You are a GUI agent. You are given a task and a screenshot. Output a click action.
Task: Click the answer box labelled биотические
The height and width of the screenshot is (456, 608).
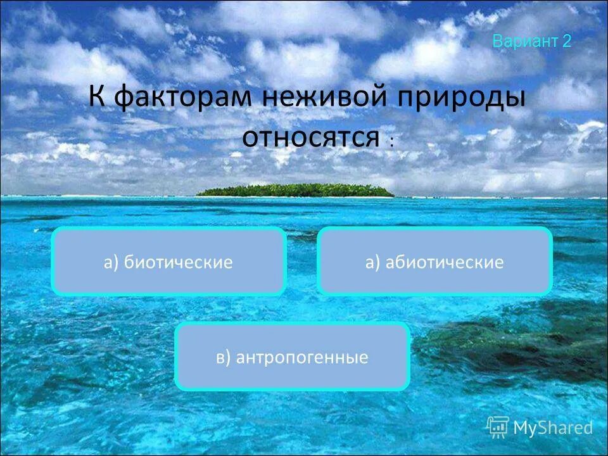point(168,262)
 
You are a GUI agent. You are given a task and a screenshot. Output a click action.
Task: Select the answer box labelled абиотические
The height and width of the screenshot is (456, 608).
point(434,262)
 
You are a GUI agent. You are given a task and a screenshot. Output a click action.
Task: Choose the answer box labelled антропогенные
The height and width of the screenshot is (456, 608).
point(292,357)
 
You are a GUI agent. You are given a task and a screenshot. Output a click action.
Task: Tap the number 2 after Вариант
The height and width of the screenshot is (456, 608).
point(566,42)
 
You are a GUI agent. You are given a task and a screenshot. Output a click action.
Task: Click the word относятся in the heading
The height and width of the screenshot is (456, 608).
point(310,137)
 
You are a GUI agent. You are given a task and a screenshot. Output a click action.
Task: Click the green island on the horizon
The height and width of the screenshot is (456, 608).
point(295,190)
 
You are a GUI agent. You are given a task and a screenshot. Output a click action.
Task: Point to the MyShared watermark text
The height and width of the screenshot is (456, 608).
point(553,428)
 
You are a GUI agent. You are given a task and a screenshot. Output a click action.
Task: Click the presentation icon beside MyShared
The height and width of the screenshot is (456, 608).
point(498,427)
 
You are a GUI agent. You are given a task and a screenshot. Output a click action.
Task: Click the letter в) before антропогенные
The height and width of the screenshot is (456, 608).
point(223,358)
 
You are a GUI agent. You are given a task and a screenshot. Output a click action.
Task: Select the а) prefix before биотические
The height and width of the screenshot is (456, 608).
point(111,262)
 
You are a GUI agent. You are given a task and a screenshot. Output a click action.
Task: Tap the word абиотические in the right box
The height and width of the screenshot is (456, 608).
point(444,262)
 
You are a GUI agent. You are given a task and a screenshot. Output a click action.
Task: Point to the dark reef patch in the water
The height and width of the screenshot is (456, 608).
point(507,342)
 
